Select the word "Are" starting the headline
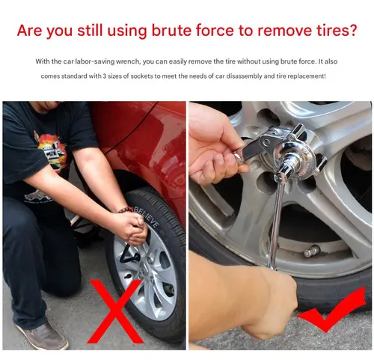pyautogui.click(x=29, y=31)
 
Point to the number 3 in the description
pyautogui.click(x=105, y=76)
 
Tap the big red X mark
pyautogui.click(x=115, y=311)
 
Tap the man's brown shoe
pyautogui.click(x=42, y=335)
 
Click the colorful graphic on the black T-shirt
pyautogui.click(x=52, y=150)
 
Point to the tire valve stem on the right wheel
pyautogui.click(x=312, y=251)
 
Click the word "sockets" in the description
pyautogui.click(x=141, y=76)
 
